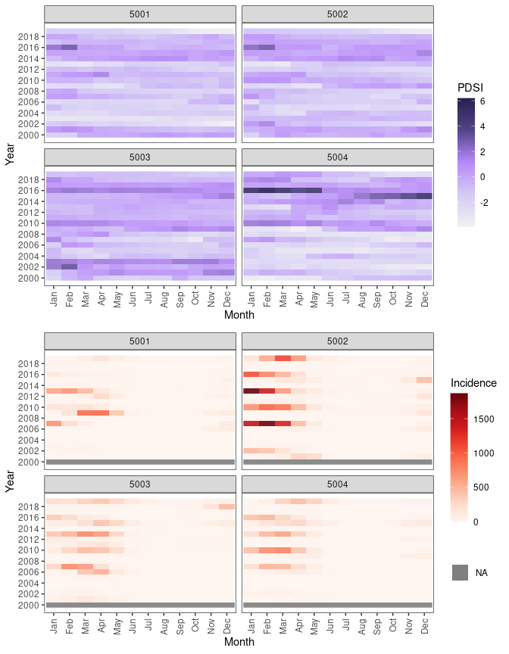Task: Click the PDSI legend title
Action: pos(470,88)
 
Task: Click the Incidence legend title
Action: pos(473,383)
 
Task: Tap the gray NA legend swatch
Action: pos(460,573)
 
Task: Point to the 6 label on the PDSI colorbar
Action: pos(482,101)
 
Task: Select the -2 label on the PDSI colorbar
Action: pos(486,203)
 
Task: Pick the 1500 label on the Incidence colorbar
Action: pos(486,419)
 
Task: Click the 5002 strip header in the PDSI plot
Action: pos(337,14)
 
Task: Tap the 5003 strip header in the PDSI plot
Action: pos(139,157)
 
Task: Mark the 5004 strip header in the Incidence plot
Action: pos(337,484)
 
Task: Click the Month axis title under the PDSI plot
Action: pos(239,316)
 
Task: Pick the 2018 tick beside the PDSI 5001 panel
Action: pos(30,36)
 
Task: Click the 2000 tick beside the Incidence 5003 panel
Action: pos(30,606)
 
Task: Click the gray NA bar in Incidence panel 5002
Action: pos(337,462)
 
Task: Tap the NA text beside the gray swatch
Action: pos(482,573)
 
